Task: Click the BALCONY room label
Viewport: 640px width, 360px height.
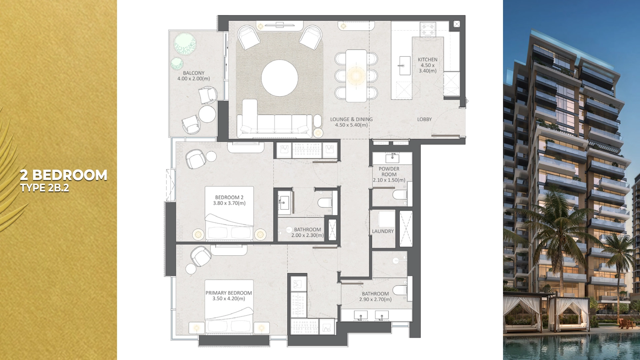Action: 194,73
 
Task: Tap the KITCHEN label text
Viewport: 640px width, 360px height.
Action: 427,60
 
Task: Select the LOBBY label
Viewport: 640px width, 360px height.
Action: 424,119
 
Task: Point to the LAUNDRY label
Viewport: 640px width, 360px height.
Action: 383,231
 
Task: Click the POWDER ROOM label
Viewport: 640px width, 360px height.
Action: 389,172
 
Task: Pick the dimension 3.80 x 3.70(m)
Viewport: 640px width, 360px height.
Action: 229,203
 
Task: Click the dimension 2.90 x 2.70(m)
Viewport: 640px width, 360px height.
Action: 375,300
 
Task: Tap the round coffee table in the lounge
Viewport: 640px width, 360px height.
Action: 279,78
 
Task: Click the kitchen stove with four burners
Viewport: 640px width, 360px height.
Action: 428,29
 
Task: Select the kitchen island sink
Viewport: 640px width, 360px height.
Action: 405,66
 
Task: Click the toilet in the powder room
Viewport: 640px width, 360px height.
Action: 400,195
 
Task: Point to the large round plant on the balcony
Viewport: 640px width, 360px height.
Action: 185,44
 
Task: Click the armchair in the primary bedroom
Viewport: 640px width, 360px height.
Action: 201,256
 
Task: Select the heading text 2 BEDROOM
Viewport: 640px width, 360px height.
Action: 63,175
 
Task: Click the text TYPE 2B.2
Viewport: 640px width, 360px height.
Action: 44,188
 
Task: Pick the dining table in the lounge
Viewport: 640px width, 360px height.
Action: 356,76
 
